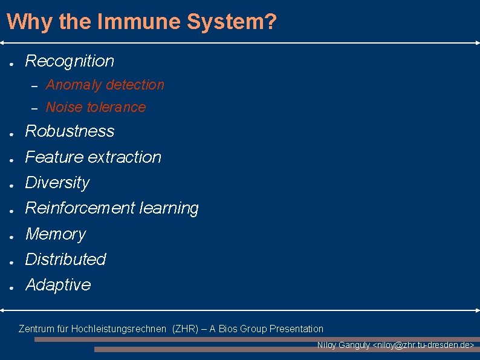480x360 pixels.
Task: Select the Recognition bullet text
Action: [x=70, y=61]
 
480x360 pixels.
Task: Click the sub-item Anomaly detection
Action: [x=105, y=85]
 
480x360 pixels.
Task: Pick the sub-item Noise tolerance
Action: [x=96, y=107]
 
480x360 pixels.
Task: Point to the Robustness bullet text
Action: [x=70, y=131]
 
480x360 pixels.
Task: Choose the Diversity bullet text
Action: [x=57, y=183]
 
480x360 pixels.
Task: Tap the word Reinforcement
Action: [x=80, y=208]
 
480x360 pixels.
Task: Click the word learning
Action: [x=169, y=208]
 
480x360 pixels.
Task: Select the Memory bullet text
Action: [x=56, y=234]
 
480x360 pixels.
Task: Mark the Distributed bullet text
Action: [x=65, y=260]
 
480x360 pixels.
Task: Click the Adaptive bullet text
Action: [x=58, y=285]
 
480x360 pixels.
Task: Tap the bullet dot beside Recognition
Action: [x=11, y=62]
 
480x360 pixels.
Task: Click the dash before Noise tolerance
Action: [x=34, y=108]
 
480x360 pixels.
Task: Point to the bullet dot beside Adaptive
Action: [x=11, y=287]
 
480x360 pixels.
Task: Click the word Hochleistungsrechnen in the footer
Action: [x=118, y=329]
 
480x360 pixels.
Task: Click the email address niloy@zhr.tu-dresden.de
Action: [x=423, y=345]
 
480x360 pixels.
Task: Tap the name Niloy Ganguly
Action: [x=343, y=345]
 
